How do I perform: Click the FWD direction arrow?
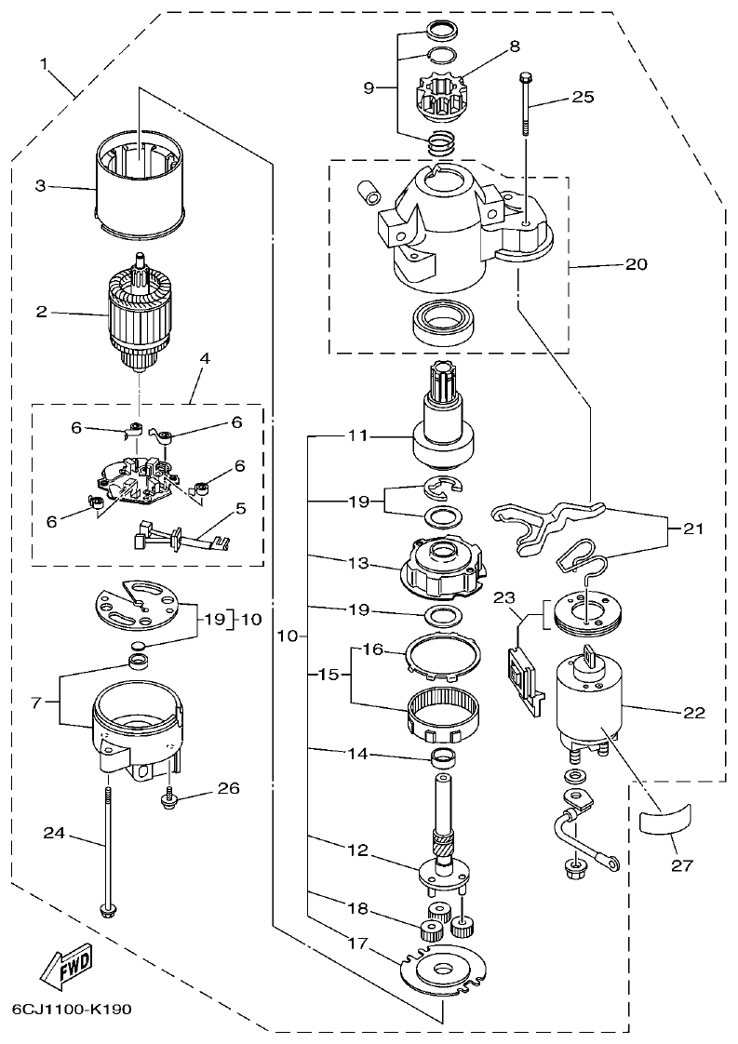pos(66,970)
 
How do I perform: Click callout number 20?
pos(636,263)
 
